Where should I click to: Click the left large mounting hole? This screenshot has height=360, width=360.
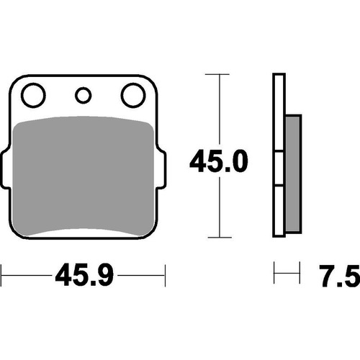(x=32, y=95)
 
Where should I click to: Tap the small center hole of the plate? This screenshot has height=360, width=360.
(x=83, y=94)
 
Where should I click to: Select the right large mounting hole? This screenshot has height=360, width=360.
(x=132, y=95)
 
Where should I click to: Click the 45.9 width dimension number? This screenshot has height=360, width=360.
(x=83, y=274)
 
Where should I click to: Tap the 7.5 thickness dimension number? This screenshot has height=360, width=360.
(x=337, y=274)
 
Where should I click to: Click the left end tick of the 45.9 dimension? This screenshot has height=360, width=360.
(x=2, y=274)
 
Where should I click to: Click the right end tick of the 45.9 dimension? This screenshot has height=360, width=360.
(x=165, y=274)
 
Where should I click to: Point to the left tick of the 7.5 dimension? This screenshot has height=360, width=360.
(x=275, y=274)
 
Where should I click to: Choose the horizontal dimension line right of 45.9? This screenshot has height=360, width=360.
(x=140, y=274)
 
